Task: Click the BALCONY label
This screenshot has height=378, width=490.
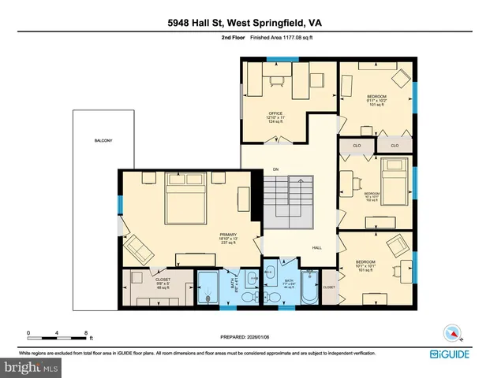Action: (x=103, y=141)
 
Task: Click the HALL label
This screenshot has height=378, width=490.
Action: (x=316, y=247)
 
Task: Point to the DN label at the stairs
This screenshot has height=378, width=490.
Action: (x=275, y=169)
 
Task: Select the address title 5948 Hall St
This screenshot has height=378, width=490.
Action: (x=245, y=23)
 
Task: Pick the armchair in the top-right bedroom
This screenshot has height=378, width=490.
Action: (x=399, y=77)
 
